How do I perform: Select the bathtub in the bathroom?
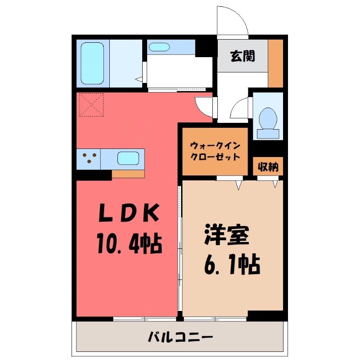coord(93,63)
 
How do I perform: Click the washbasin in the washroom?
coord(158,47)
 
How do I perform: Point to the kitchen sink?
coord(128,159)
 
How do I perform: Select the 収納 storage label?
coord(268,167)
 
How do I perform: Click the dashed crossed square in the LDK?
coord(90,104)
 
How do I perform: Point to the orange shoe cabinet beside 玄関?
coord(275,63)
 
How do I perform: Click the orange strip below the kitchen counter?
coord(128,174)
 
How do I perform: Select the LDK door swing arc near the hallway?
coord(203,106)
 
